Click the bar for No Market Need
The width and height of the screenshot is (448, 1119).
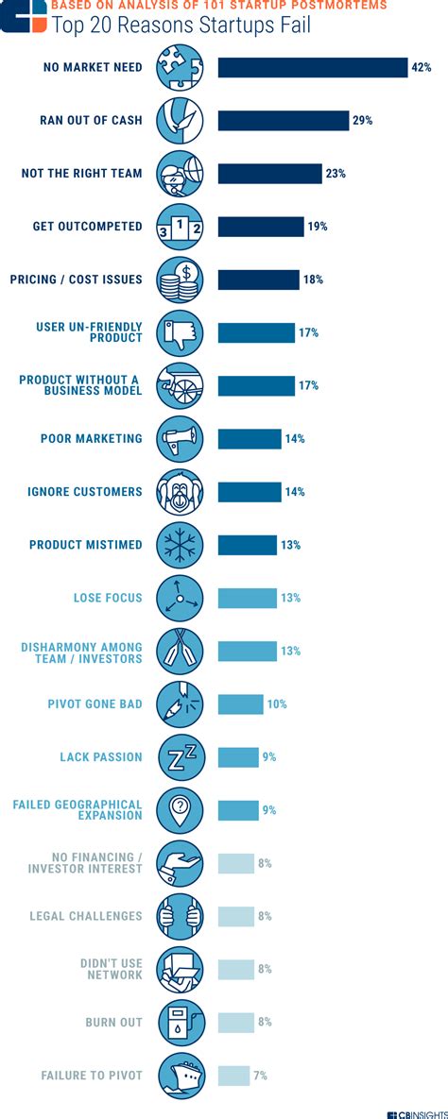click(312, 67)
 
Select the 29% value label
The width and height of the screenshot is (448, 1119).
click(363, 121)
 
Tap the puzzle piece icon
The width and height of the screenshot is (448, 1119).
click(180, 67)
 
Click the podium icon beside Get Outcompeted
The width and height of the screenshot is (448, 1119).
click(180, 227)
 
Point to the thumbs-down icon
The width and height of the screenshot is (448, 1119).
click(180, 332)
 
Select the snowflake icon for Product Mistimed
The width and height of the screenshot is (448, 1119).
click(180, 545)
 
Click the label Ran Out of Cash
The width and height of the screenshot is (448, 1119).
click(92, 121)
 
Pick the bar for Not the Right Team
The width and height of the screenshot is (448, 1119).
click(269, 174)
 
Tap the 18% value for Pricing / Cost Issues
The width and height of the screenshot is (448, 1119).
click(313, 280)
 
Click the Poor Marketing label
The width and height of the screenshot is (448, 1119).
click(91, 439)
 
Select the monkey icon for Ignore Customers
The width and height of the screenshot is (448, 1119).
click(180, 492)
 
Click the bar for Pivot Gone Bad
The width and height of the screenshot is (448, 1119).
click(240, 704)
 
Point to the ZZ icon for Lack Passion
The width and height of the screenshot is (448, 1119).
click(180, 757)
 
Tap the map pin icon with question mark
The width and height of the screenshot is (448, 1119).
click(180, 810)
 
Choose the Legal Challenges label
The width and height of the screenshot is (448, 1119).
click(86, 916)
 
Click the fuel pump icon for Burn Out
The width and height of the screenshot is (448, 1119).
click(180, 1022)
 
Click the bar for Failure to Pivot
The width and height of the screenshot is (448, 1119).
click(233, 1076)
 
